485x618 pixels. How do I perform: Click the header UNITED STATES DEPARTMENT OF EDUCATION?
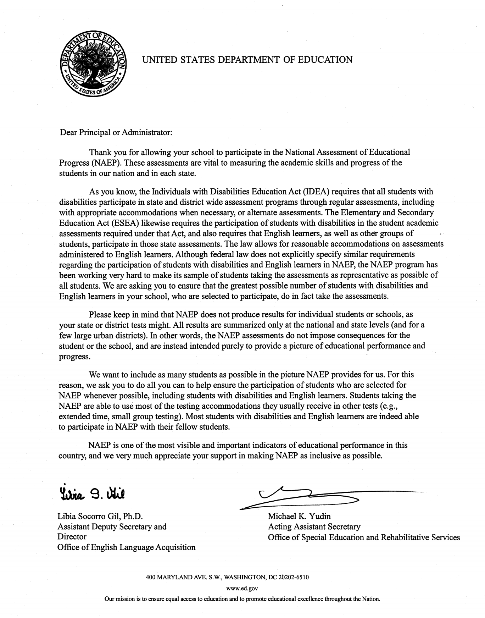(247, 60)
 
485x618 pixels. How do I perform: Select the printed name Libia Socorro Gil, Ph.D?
(100, 516)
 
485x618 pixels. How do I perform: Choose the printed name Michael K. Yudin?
(299, 516)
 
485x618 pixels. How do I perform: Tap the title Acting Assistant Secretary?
(314, 527)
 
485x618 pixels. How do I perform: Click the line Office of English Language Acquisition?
(126, 547)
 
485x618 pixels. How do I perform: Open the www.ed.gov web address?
(242, 589)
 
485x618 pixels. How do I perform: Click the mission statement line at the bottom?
(242, 599)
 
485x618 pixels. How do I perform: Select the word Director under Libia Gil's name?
(72, 537)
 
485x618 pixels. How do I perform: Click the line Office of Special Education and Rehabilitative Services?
(364, 537)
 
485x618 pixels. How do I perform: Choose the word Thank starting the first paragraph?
(100, 153)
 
